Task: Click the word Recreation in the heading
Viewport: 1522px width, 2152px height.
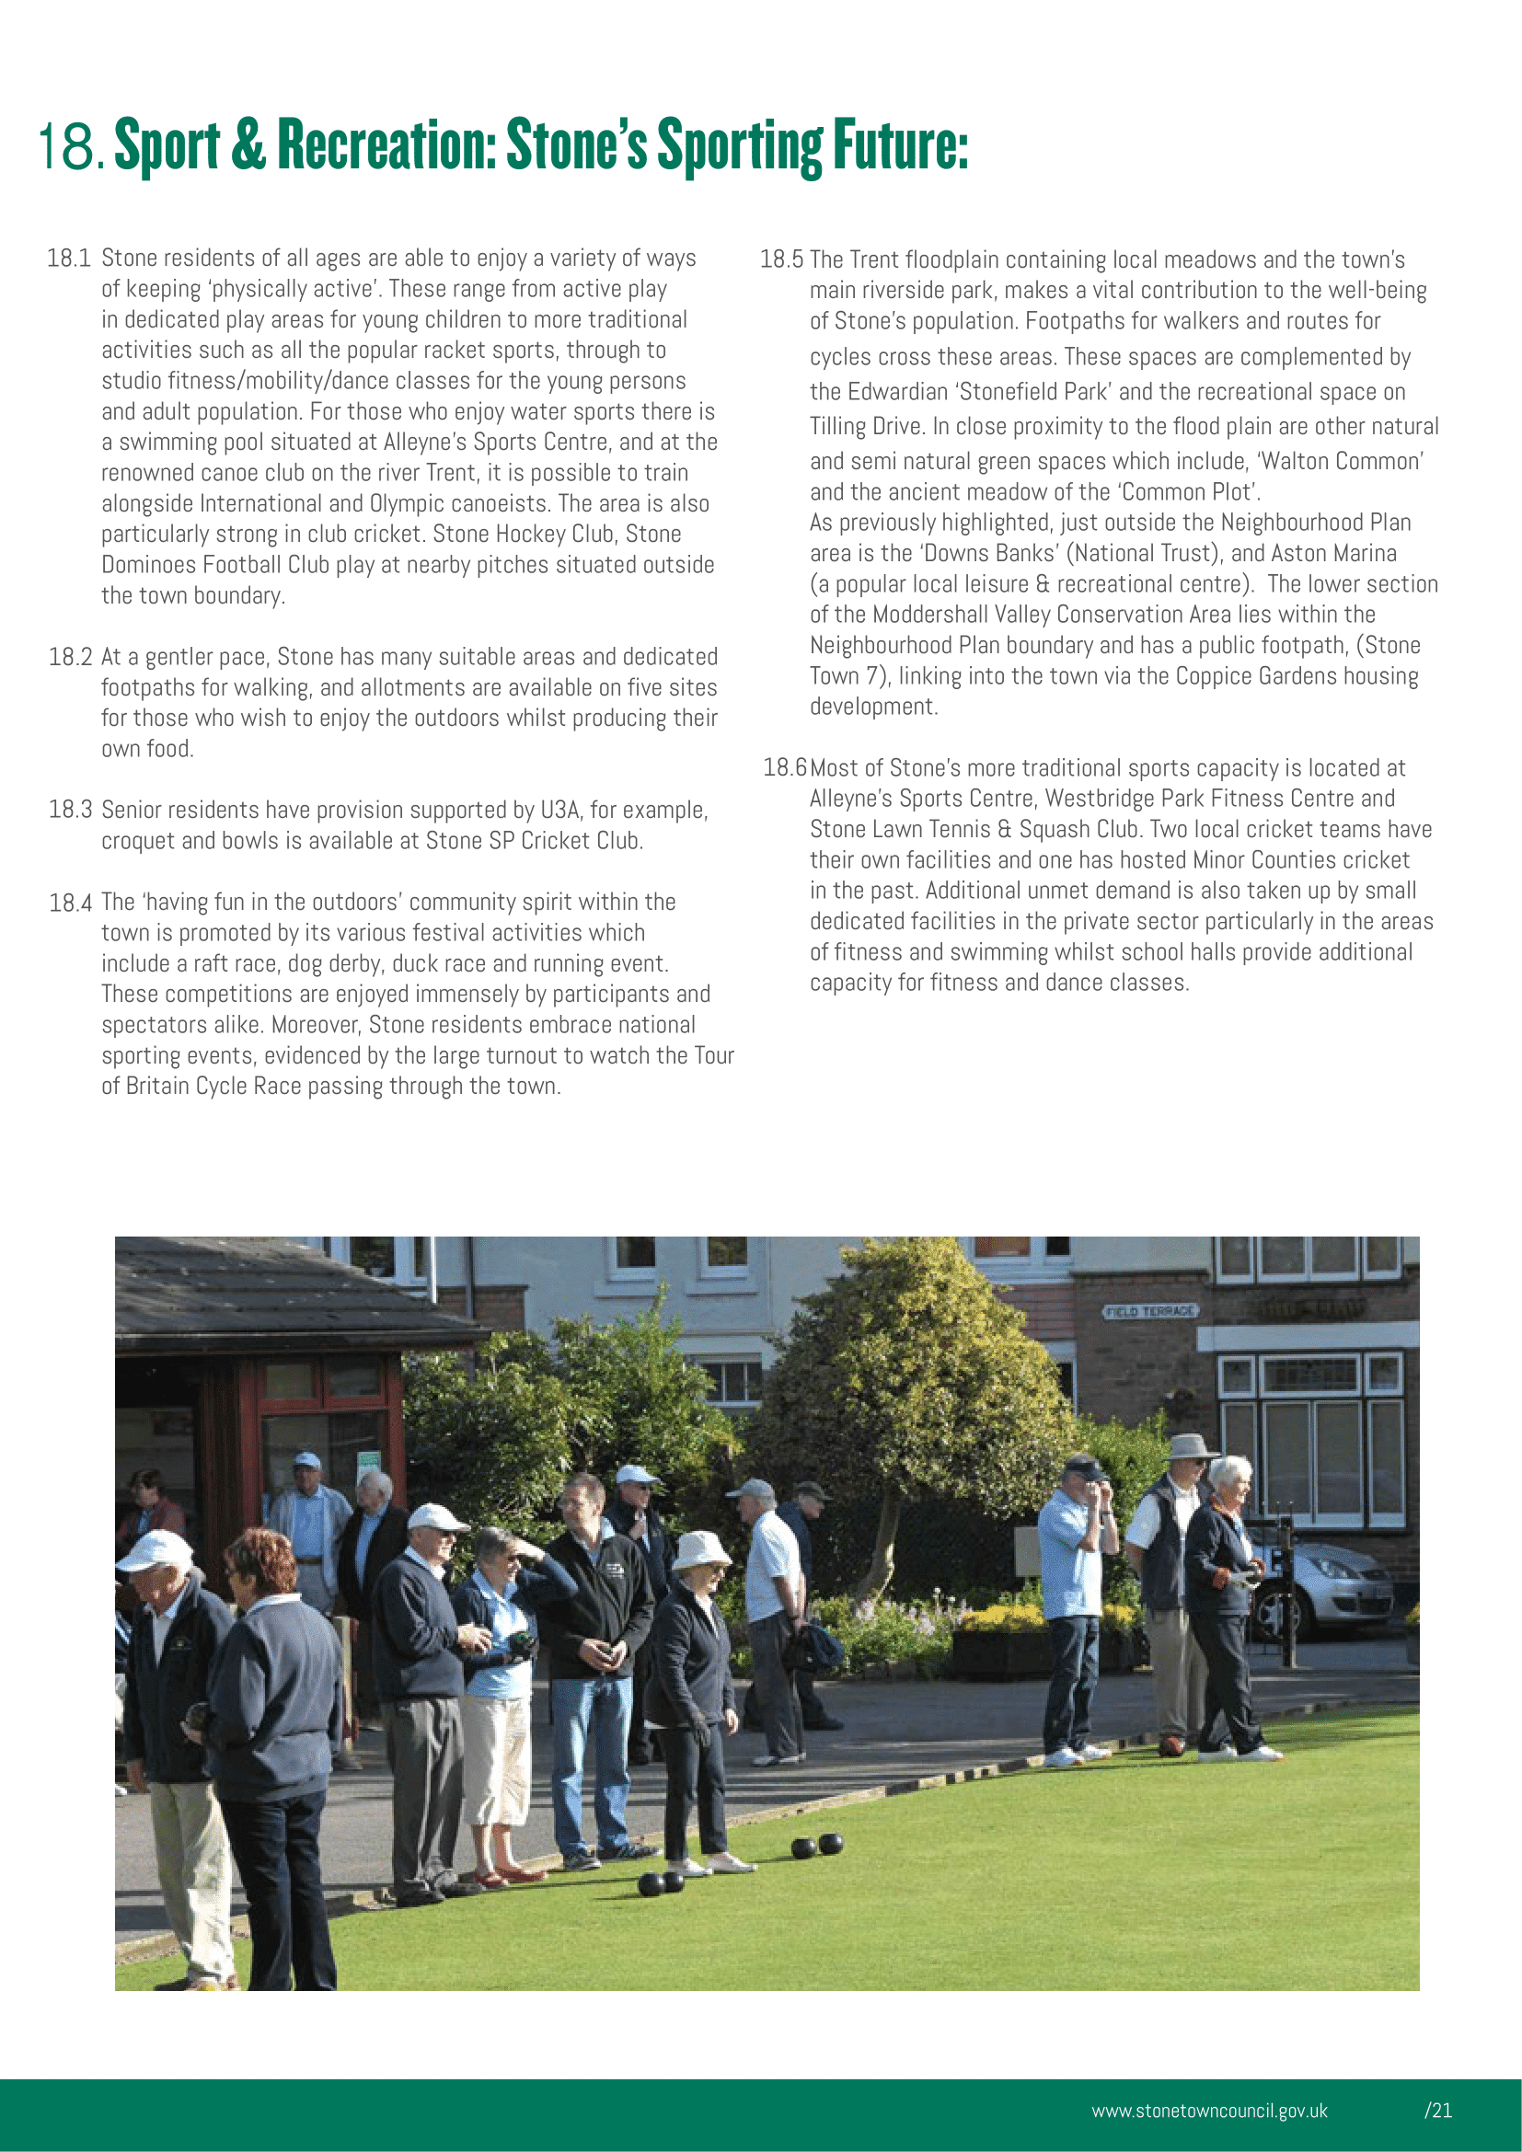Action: (x=386, y=145)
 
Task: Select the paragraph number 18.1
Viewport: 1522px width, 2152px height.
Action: (x=69, y=259)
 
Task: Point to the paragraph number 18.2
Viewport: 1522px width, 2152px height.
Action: (x=70, y=657)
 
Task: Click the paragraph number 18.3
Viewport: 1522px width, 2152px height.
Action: (x=70, y=810)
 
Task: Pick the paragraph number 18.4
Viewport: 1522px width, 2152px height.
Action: (x=70, y=903)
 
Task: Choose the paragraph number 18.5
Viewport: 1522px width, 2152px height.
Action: (x=781, y=259)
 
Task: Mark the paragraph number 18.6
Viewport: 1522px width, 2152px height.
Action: (x=784, y=768)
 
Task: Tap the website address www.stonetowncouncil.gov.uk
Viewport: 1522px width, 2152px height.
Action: (x=1209, y=2111)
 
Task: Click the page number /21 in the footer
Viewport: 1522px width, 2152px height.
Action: (x=1438, y=2111)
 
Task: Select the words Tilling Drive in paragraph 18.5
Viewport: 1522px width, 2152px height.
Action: (x=865, y=428)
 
